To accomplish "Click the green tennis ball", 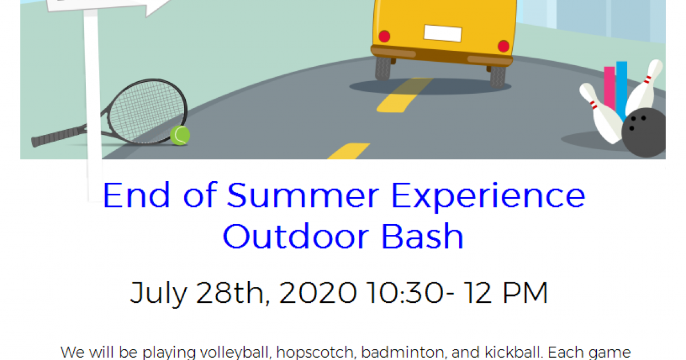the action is [x=180, y=135].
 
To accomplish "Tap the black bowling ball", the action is [x=644, y=133].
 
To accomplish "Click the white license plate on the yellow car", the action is [x=443, y=33].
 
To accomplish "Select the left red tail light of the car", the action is [x=384, y=37].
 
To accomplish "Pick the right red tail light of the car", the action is [x=504, y=46].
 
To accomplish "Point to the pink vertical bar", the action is [x=609, y=88].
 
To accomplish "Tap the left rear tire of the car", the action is [x=383, y=68].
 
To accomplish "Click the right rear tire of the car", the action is [x=498, y=76].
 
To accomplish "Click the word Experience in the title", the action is [x=488, y=197].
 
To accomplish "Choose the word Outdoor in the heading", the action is [x=296, y=237].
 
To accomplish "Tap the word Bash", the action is [x=422, y=237].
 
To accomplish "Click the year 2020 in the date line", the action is [x=318, y=293].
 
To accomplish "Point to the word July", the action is [x=159, y=294].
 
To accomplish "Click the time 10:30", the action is [x=405, y=293].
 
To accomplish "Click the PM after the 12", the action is [x=525, y=293].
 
